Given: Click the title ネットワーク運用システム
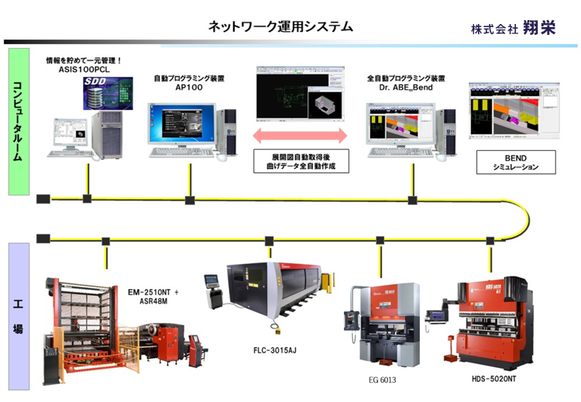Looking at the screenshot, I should [x=280, y=26].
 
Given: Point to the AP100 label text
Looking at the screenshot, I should [x=188, y=88].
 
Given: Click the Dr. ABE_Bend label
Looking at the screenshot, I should [x=406, y=88].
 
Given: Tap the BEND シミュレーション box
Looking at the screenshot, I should [x=510, y=162].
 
